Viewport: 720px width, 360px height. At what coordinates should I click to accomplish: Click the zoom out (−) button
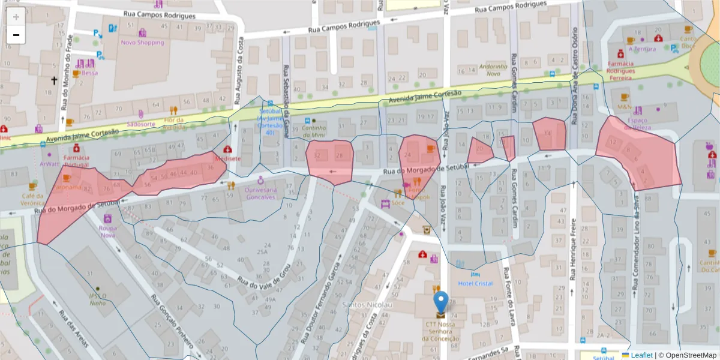[16, 35]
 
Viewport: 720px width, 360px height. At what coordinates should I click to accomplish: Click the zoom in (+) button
[16, 17]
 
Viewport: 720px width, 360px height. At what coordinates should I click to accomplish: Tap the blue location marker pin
[440, 302]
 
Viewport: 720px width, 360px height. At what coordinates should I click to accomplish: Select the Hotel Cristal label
[475, 283]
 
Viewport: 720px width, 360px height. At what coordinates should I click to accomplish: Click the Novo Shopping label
[142, 43]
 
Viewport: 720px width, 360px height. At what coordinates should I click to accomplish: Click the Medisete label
[227, 159]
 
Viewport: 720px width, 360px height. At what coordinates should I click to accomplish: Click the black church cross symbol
[53, 80]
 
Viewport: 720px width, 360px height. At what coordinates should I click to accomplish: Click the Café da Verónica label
[32, 199]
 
